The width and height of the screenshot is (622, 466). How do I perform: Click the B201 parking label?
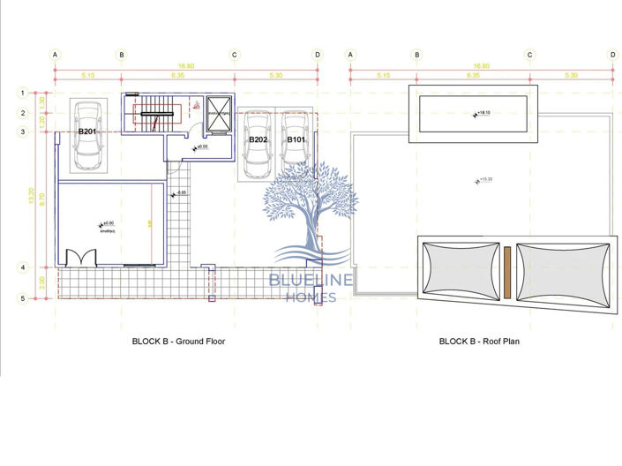(x=86, y=132)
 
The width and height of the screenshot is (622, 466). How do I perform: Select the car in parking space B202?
(x=257, y=146)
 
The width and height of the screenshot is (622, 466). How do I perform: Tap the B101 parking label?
(x=295, y=139)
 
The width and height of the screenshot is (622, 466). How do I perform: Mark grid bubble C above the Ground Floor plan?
(x=235, y=54)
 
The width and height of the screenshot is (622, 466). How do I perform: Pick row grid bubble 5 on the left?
(x=24, y=299)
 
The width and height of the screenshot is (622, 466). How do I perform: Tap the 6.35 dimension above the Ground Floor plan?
(x=177, y=76)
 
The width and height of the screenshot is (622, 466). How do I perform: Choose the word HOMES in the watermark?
(x=311, y=298)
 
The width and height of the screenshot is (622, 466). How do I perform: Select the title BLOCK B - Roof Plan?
(x=479, y=341)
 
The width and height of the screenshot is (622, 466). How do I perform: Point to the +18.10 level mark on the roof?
(x=482, y=113)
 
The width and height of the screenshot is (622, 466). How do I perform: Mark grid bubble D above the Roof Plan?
(x=612, y=54)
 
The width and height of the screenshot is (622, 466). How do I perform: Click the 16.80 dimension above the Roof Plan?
(x=481, y=65)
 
